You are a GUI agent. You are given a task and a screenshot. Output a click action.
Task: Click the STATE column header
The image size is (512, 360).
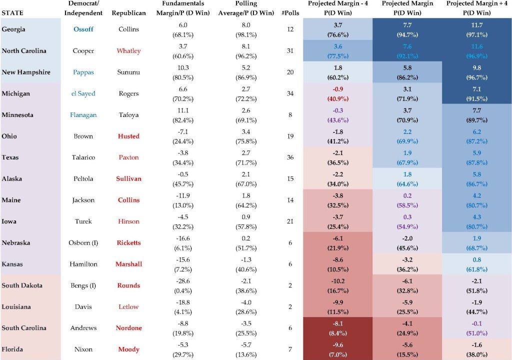tap(12, 13)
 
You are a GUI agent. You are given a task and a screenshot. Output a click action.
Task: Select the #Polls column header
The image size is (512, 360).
tap(290, 13)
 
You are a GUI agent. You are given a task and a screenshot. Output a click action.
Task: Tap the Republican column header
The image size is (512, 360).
tap(128, 13)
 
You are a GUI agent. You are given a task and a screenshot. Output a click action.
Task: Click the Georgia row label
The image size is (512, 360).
tap(13, 29)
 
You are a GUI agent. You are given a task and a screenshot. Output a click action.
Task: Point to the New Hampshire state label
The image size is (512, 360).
tap(26, 72)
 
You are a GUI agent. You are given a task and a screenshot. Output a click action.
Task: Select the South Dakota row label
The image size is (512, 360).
tap(22, 285)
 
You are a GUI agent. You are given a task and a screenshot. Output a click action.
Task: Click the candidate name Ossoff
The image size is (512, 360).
tap(83, 29)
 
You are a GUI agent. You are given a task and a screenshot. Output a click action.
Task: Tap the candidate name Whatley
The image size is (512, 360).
tap(128, 50)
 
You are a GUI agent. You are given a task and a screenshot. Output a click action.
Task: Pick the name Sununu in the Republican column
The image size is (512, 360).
tap(128, 72)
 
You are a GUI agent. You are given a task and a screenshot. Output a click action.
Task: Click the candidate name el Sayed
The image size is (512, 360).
tap(83, 93)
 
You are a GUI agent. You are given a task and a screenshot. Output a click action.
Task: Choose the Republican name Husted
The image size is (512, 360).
tap(128, 136)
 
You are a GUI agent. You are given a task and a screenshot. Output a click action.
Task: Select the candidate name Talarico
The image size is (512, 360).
tap(83, 157)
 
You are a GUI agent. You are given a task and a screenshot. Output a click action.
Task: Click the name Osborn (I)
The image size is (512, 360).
tap(83, 242)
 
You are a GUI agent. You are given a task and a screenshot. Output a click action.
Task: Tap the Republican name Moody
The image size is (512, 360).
tap(128, 349)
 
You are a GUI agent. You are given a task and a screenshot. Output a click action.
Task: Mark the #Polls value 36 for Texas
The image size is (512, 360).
tap(290, 157)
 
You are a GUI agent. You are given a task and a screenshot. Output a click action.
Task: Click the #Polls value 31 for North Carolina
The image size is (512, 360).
tap(290, 50)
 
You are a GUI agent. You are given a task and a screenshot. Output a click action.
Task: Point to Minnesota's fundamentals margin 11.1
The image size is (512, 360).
tap(183, 110)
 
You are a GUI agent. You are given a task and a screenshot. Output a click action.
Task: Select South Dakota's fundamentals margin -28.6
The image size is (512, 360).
tap(183, 281)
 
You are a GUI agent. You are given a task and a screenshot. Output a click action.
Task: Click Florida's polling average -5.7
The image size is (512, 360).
tap(246, 345)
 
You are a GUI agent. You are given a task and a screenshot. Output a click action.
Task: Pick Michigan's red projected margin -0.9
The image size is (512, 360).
tap(338, 89)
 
